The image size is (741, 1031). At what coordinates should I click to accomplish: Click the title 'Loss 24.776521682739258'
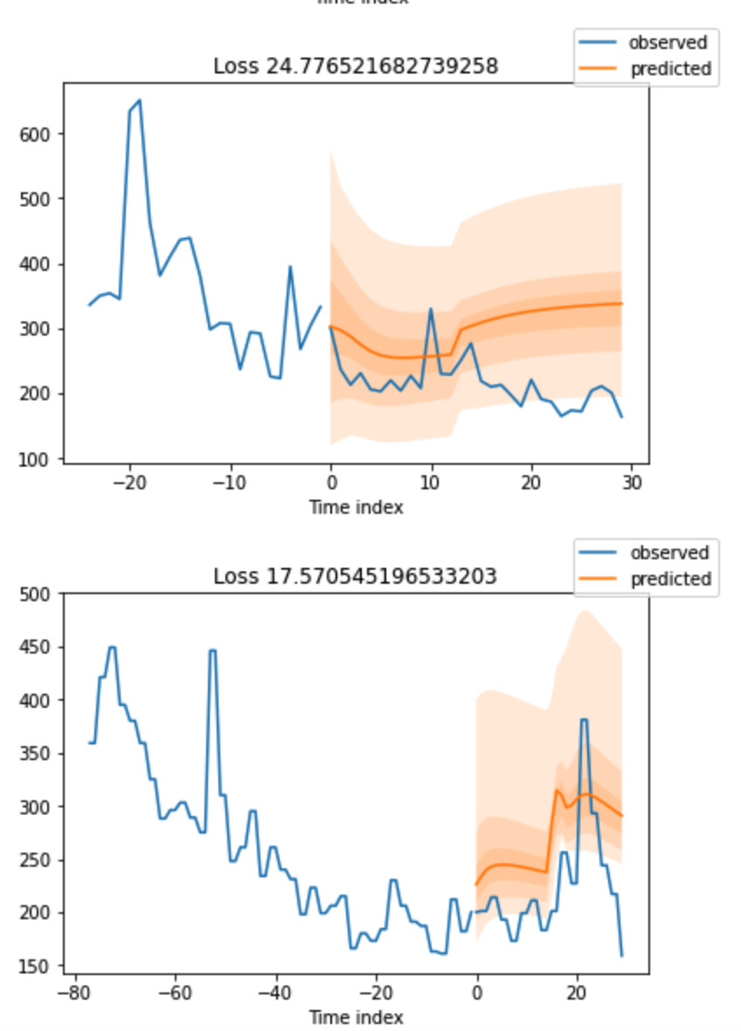tap(356, 66)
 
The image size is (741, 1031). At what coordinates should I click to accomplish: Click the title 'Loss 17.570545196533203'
tap(356, 577)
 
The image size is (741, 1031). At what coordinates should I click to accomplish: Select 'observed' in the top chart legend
tap(668, 42)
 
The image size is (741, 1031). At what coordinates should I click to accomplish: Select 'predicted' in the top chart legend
tap(670, 69)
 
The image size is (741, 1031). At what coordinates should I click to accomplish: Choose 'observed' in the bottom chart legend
tap(668, 552)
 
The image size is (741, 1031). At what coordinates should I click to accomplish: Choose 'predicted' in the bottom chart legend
tap(670, 578)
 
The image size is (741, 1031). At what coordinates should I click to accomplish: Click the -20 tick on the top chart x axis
tap(130, 483)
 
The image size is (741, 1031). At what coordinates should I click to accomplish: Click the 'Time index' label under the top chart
tap(356, 507)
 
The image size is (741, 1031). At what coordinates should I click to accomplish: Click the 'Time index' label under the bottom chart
tap(356, 1017)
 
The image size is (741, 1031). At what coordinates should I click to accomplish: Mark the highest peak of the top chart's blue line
tap(139, 100)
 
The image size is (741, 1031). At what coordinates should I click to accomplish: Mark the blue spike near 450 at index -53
tap(211, 651)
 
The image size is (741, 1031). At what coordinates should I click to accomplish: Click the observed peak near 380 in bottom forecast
tap(584, 720)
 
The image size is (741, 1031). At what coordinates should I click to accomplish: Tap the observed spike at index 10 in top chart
tap(431, 309)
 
